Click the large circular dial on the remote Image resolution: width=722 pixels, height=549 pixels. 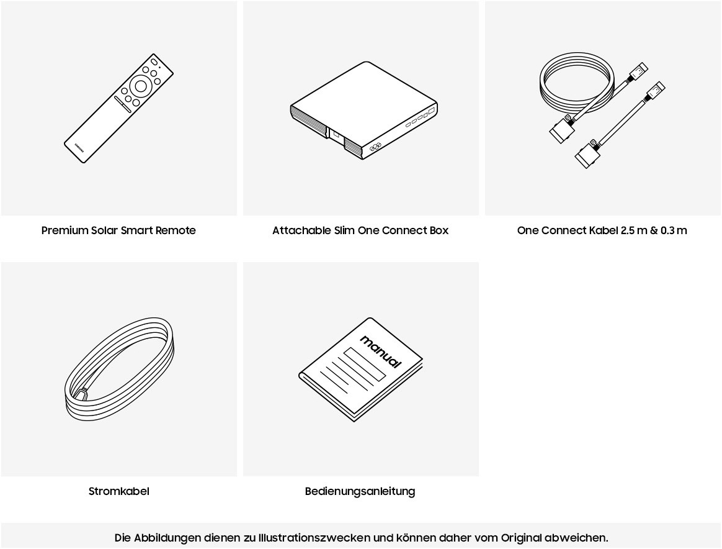(140, 86)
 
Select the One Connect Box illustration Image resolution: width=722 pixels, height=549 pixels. (363, 111)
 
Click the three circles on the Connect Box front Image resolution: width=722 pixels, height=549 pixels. (375, 147)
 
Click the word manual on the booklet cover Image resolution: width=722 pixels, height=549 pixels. (380, 352)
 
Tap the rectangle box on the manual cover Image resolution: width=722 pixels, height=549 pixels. (364, 364)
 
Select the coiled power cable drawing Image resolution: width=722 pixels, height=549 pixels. (119, 369)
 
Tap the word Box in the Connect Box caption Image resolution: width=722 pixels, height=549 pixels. (439, 230)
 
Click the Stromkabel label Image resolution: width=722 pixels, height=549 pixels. (119, 491)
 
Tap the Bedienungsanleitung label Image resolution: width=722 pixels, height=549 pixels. (360, 491)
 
